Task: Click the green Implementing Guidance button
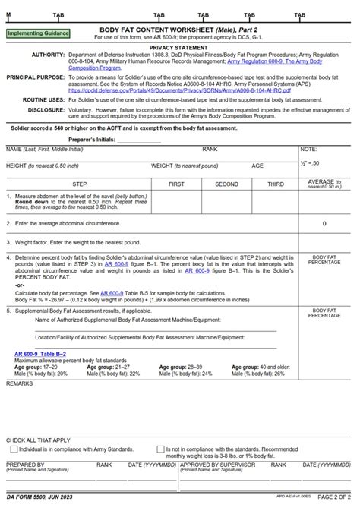coord(37,34)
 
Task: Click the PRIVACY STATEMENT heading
coord(179,47)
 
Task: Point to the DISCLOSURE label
coord(44,109)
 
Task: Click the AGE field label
coord(257,166)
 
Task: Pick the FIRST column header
coord(176,184)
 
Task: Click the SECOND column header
coord(226,184)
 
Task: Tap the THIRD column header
coord(275,184)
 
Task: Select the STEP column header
coord(79,184)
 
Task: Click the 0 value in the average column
coord(324,224)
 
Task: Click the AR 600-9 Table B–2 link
coord(40,354)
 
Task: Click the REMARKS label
coord(20,383)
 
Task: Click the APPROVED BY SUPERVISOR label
coord(215,463)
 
